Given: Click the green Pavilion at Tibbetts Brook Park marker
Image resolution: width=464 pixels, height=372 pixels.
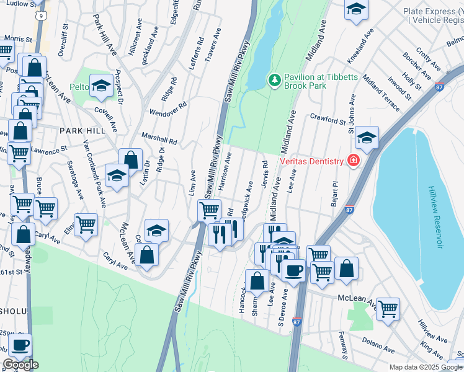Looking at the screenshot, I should coord(274,79).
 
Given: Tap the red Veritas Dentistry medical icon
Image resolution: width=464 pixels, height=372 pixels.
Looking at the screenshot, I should coord(354,161).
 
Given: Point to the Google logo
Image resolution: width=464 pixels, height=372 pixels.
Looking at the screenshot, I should coord(20,365).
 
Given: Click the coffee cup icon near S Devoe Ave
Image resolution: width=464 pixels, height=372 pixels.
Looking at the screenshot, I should coord(293,270).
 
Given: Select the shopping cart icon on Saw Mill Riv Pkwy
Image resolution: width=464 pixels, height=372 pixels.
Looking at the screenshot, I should coord(209,211).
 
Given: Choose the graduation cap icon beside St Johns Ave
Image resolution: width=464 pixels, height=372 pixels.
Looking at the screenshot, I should coord(367,138).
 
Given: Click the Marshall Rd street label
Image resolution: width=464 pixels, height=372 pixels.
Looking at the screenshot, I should coord(159,137).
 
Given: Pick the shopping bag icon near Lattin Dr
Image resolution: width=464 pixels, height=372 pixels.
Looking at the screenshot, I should coord(131,160).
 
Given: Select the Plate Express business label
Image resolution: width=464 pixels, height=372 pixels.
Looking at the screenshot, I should coord(432,15).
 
